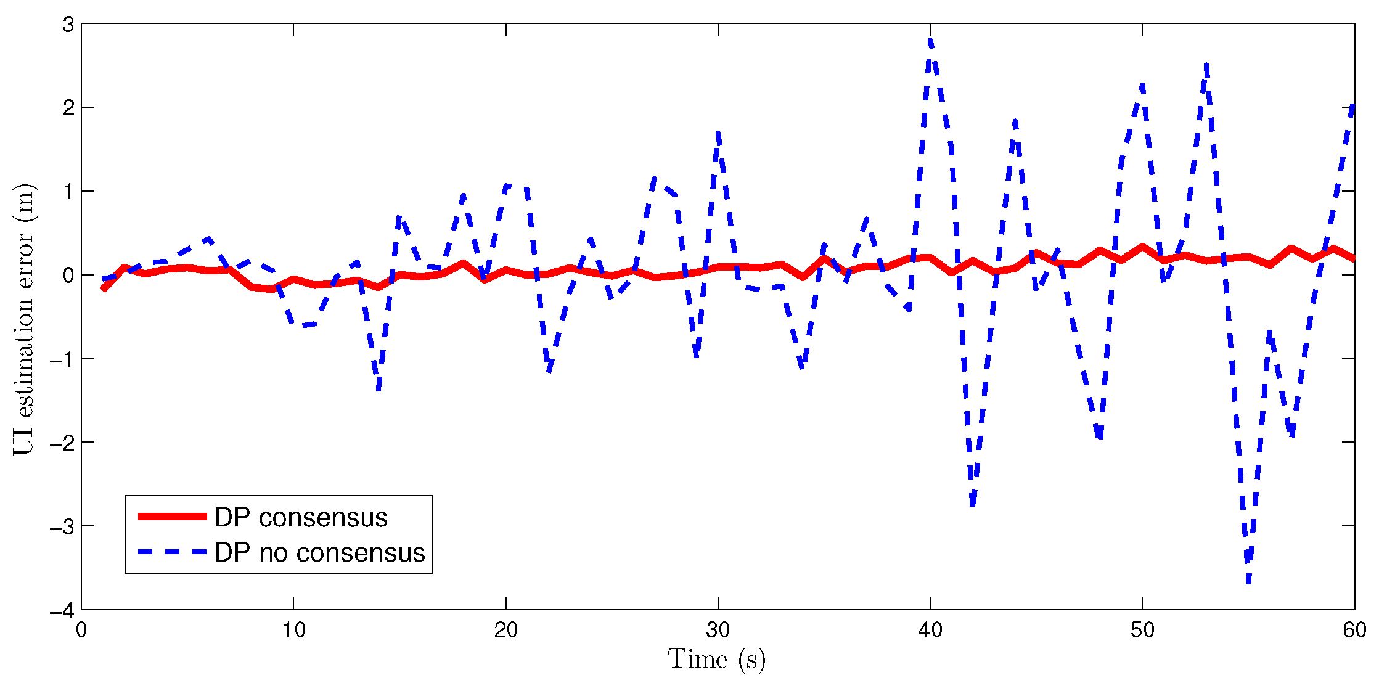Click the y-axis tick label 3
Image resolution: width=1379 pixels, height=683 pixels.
pos(68,25)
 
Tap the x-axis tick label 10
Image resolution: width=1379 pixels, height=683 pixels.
pos(293,630)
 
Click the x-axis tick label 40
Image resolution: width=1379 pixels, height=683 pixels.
pos(930,630)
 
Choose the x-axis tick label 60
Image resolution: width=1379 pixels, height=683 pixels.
pos(1354,630)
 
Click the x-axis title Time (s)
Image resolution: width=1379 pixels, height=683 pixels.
pos(717,660)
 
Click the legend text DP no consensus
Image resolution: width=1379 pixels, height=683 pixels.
pos(319,553)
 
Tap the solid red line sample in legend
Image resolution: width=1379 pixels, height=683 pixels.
pos(172,517)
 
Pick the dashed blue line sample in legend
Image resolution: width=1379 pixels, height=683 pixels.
pos(172,552)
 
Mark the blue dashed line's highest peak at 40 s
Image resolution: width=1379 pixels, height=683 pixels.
pos(930,41)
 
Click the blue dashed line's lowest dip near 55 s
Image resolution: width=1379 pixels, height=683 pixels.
pos(1248,581)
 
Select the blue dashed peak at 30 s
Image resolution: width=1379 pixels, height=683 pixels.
pos(718,133)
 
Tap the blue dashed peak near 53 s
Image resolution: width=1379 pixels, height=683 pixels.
pos(1206,64)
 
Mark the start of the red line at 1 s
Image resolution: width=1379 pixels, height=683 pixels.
pos(103,288)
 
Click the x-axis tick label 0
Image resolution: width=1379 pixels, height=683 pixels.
pos(81,630)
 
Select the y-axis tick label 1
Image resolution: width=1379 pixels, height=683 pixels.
pos(68,192)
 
